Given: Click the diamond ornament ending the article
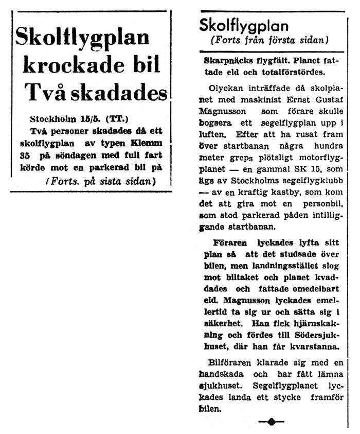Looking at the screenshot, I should (x=271, y=422).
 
